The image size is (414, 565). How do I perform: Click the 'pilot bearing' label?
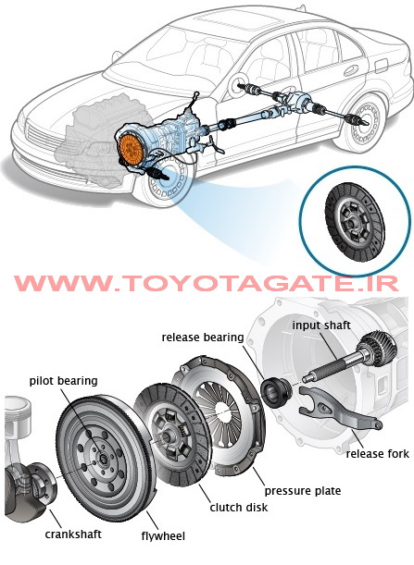coord(64,381)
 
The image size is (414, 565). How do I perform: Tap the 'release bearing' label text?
coord(203,338)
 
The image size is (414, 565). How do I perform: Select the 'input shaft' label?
coord(321,325)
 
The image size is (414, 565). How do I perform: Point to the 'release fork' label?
coord(378,454)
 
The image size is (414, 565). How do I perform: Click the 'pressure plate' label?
coord(303,491)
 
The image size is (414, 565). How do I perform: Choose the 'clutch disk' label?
coord(239,508)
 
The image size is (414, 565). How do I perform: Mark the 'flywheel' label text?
coord(163,536)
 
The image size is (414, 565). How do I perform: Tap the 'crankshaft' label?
coord(73,534)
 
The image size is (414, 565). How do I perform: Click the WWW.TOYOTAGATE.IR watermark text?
coord(207,284)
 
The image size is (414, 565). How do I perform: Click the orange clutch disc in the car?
coord(131,150)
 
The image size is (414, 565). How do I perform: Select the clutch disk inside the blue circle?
coord(355,222)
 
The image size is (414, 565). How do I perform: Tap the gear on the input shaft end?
coord(378,349)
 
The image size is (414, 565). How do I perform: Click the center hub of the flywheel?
coord(103,459)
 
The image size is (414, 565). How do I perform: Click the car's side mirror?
coord(116,56)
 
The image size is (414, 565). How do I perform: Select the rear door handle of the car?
coord(351,70)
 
